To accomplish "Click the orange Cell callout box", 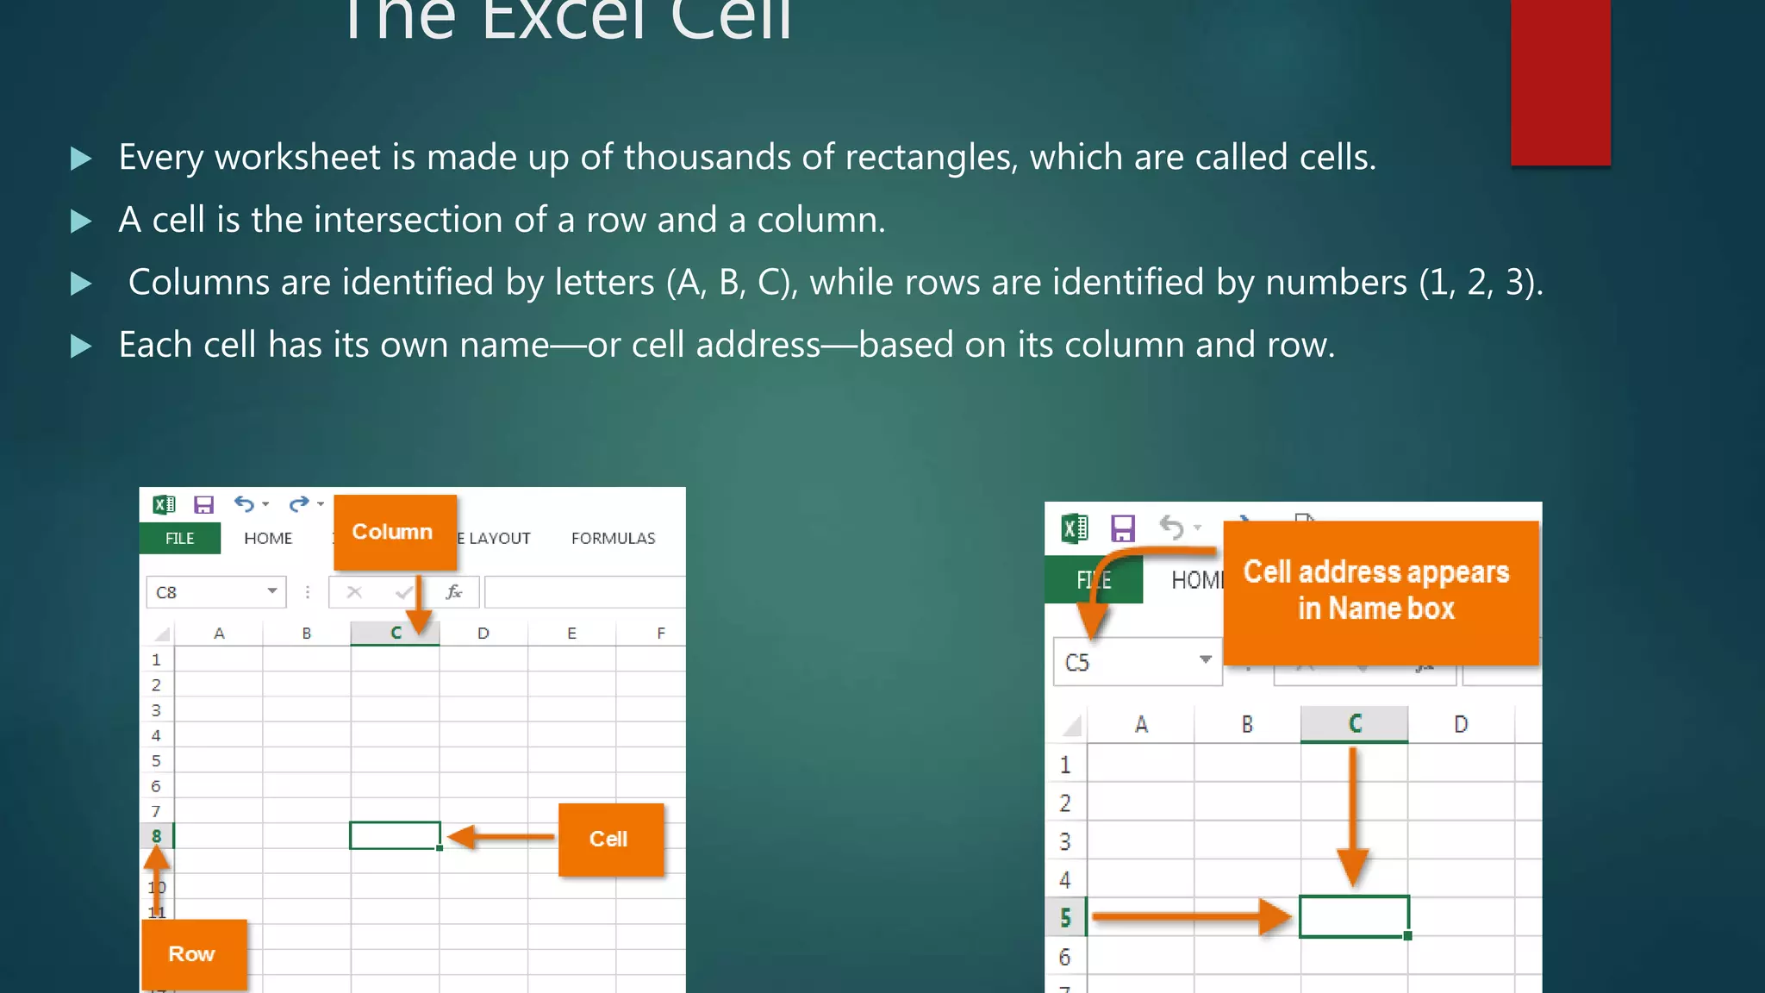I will pos(610,840).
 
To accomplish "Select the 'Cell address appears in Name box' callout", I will pos(1379,591).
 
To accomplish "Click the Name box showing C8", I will pos(215,592).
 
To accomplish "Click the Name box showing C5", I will pos(1137,663).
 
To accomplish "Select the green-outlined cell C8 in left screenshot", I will pos(395,835).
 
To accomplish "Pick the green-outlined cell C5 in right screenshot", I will pos(1354,916).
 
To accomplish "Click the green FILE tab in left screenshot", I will pos(180,538).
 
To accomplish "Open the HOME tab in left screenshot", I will pos(268,538).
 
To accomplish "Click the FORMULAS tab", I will pos(613,538).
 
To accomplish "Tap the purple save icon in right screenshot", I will pos(1122,528).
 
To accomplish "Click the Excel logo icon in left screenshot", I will pos(164,504).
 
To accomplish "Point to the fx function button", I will pos(454,592).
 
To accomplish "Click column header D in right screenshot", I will pos(1461,725).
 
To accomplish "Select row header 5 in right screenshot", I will pos(1066,918).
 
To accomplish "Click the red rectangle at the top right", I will pos(1560,82).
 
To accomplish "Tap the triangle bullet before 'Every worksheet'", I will pos(81,159).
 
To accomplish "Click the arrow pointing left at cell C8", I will pos(500,837).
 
